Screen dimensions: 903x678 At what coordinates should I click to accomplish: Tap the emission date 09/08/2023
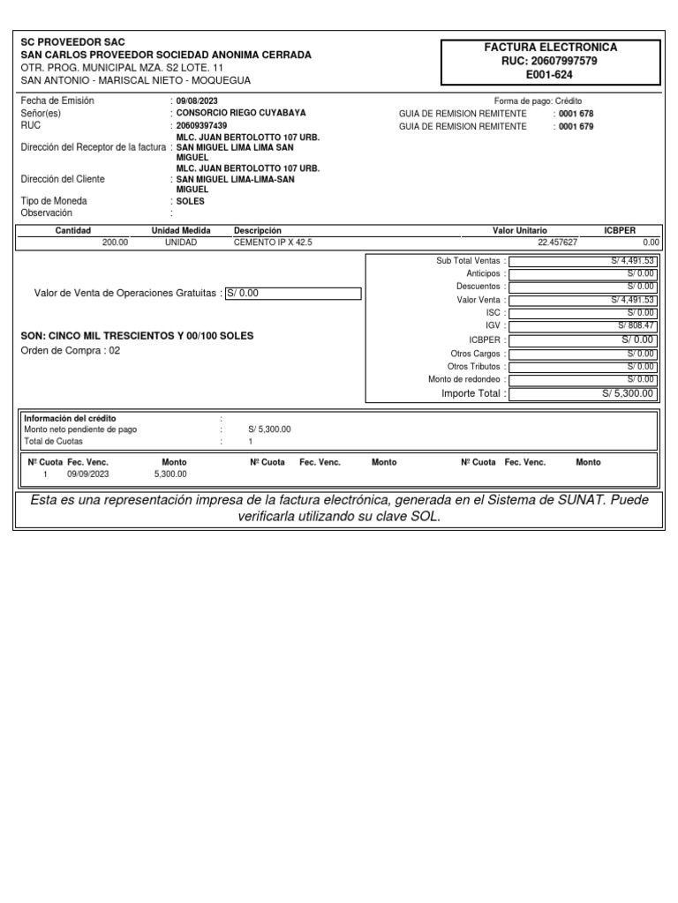coord(197,101)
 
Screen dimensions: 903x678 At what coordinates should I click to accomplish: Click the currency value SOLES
coord(190,201)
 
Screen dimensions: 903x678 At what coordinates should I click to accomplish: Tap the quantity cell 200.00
coord(115,242)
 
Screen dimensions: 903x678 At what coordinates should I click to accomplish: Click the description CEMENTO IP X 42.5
coord(273,242)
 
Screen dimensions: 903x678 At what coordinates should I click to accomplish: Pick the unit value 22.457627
coord(558,242)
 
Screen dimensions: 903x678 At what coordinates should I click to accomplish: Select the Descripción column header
coord(257,230)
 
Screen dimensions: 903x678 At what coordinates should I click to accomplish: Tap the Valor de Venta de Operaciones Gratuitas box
coord(293,294)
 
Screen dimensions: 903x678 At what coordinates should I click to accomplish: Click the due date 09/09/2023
coord(87,474)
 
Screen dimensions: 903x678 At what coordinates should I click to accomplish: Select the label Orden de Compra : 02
coord(70,350)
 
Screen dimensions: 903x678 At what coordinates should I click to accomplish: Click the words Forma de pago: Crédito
coord(538,101)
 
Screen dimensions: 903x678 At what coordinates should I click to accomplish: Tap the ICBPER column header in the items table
coord(619,230)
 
